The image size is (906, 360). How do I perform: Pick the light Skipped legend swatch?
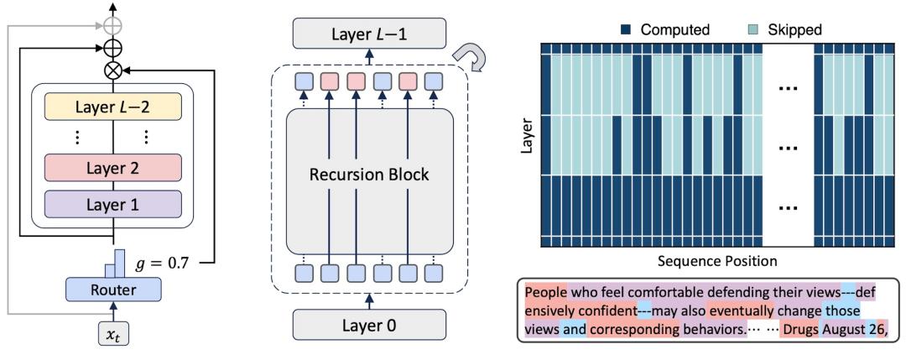coord(736,29)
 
